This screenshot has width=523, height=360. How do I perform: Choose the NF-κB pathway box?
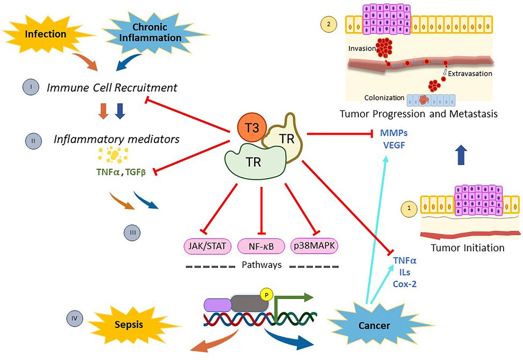coord(261,247)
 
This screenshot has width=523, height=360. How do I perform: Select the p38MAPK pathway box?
coord(315,247)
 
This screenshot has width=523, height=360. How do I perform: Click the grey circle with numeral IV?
coord(74,319)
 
